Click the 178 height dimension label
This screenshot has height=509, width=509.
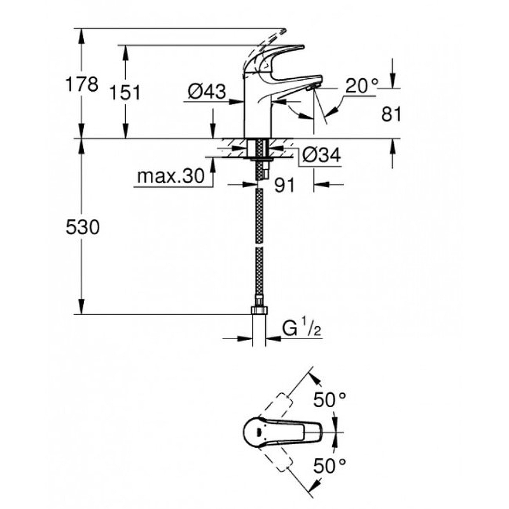[81, 85]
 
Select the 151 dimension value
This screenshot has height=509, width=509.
[125, 92]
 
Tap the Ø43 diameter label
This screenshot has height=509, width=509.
[207, 91]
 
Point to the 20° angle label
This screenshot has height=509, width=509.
[361, 86]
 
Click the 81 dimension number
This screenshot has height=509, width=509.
[391, 115]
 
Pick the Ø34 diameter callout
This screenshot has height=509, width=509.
[321, 155]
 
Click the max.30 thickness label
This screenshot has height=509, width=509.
[171, 176]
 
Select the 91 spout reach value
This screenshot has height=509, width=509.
[284, 185]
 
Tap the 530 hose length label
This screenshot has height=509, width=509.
[83, 227]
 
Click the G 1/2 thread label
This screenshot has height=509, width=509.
[302, 328]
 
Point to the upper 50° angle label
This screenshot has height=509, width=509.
[330, 400]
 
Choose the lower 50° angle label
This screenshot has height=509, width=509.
[330, 466]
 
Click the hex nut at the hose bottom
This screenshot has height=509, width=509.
[260, 310]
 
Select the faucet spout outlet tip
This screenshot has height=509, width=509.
[313, 87]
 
